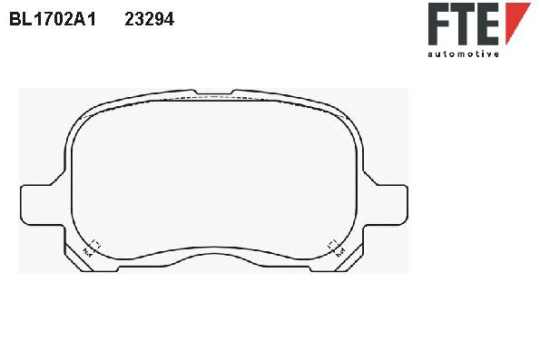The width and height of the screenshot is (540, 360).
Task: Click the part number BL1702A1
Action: [x=53, y=19]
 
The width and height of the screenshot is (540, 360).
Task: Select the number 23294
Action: [x=150, y=19]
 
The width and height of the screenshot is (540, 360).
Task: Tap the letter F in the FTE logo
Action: [x=439, y=24]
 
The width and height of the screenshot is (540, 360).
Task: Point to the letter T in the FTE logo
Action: [x=463, y=24]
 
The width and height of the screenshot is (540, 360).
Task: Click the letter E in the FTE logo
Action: [x=487, y=24]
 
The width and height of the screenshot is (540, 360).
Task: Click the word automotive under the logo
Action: [x=464, y=54]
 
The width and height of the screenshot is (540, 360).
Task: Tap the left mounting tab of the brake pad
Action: [x=42, y=205]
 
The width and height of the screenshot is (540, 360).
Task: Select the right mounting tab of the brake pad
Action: [x=386, y=205]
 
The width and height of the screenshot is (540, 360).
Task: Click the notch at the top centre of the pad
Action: [x=214, y=92]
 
